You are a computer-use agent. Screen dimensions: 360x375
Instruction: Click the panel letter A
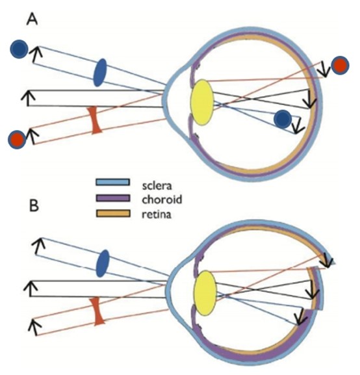[x=32, y=19]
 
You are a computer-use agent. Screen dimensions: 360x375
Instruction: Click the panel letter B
[x=34, y=205]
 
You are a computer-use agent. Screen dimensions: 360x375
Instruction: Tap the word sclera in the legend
[x=157, y=186]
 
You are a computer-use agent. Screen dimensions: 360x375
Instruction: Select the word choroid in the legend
[x=162, y=200]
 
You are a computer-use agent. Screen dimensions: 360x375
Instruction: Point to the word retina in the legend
[x=157, y=214]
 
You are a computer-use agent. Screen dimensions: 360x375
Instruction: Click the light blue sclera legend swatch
[x=112, y=182]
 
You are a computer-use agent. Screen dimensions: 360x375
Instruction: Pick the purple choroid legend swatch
[x=113, y=198]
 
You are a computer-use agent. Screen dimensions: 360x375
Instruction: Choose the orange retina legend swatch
[x=113, y=213]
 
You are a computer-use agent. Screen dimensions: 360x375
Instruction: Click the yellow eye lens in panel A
[x=201, y=102]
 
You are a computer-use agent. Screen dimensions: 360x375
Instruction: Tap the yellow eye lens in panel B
[x=205, y=292]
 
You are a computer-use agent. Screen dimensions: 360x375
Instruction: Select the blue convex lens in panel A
[x=100, y=72]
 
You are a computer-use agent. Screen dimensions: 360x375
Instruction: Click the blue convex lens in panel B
[x=103, y=263]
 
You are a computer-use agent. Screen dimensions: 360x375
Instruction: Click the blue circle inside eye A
[x=283, y=119]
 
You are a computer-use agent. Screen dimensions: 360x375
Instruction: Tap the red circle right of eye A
[x=340, y=65]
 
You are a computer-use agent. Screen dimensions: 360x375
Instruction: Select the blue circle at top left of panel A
[x=19, y=49]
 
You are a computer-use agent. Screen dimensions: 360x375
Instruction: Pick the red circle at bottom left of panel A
[x=17, y=140]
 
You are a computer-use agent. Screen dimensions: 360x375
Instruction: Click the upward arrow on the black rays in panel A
[x=28, y=98]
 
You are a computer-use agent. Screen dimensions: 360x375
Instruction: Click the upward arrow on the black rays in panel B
[x=31, y=289]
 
